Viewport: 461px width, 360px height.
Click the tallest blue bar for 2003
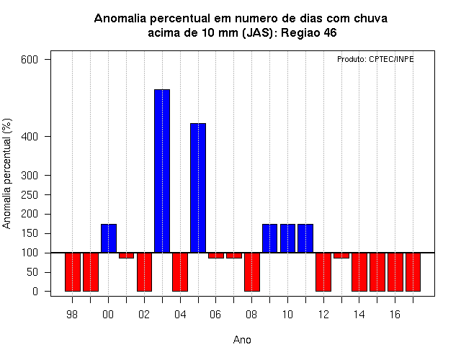coord(162,171)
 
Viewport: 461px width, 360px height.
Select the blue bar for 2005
coord(198,188)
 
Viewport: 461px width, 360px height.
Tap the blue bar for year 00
coord(109,238)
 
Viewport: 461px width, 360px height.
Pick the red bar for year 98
coord(73,272)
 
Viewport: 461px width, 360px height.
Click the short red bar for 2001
coord(127,256)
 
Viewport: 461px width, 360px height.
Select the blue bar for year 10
coord(287,238)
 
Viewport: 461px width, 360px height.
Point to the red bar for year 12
coord(323,272)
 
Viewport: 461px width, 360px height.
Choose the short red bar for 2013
coord(341,256)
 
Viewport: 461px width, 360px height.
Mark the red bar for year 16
coord(395,272)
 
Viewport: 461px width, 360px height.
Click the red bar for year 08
coord(252,272)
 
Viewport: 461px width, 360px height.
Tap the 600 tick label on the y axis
coord(30,60)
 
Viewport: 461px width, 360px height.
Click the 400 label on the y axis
coord(30,137)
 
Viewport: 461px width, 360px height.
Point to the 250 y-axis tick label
coord(30,195)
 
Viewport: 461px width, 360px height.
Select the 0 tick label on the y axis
coord(35,291)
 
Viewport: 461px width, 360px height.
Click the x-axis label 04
coord(180,315)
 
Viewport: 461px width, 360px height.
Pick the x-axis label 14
coord(359,315)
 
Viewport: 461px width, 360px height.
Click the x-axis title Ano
coord(242,340)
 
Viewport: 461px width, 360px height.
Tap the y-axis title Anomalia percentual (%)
coord(6,174)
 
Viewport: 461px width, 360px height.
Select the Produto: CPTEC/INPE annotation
coord(375,59)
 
